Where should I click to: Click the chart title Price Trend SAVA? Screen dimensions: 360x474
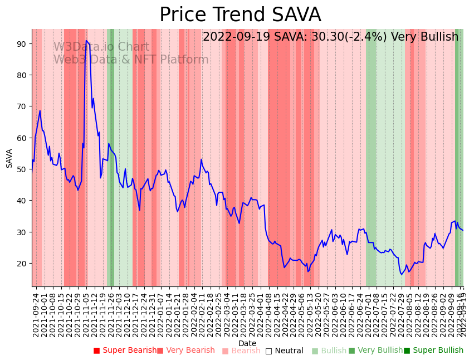(240, 14)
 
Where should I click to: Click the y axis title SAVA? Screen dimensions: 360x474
(9, 158)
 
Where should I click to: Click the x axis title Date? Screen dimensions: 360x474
(247, 343)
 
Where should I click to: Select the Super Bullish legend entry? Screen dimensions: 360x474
(433, 351)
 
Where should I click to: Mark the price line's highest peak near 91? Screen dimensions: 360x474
(86, 41)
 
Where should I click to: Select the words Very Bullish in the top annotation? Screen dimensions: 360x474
(424, 37)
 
